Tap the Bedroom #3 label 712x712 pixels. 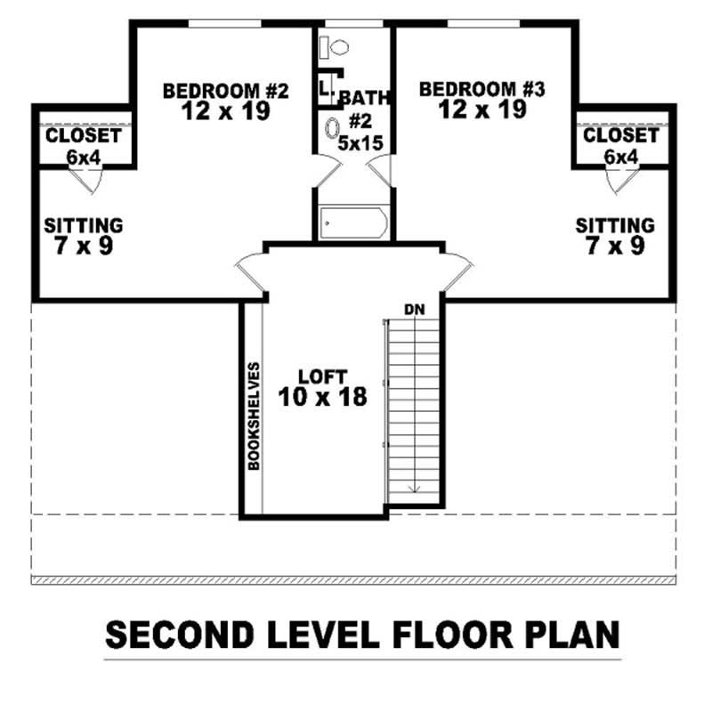481,89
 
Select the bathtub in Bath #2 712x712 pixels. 353,222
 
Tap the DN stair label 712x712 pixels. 412,310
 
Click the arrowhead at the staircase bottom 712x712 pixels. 413,487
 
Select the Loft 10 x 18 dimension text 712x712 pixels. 321,397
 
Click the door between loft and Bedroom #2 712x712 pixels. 250,271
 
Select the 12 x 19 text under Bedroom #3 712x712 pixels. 481,109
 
